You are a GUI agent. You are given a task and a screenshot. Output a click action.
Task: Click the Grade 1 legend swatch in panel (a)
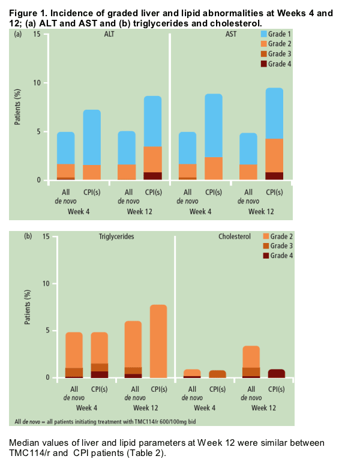tap(263, 34)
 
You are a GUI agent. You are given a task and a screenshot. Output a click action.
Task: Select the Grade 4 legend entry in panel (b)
tap(278, 256)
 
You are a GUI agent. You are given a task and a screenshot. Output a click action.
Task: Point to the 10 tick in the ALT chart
tap(37, 83)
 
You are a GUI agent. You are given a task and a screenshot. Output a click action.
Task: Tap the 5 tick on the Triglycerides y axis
tap(48, 331)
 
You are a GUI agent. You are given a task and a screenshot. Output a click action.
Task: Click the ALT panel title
tap(109, 34)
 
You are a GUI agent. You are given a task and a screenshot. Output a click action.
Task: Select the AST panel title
tap(231, 34)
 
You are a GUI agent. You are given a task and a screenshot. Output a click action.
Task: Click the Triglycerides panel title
tap(116, 236)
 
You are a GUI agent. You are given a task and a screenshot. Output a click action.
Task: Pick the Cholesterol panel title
tap(235, 236)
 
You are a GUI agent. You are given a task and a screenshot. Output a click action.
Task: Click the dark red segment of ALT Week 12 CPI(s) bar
tap(153, 176)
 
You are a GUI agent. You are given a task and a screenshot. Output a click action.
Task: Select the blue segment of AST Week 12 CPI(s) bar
tap(275, 113)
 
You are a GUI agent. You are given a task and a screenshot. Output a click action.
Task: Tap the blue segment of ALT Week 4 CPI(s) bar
tap(92, 137)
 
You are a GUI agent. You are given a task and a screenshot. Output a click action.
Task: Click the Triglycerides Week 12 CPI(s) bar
tap(158, 341)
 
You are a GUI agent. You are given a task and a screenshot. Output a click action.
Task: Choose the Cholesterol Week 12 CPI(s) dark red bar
tap(277, 374)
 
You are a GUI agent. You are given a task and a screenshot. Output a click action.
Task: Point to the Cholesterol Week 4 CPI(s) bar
tap(217, 374)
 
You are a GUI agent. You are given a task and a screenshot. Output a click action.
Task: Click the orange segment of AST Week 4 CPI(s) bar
tap(214, 169)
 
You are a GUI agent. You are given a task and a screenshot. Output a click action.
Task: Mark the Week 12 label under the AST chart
tap(261, 212)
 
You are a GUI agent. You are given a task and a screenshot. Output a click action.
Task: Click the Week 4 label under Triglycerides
tap(86, 408)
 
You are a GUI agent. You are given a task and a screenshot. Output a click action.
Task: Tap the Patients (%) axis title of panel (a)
tap(17, 107)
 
